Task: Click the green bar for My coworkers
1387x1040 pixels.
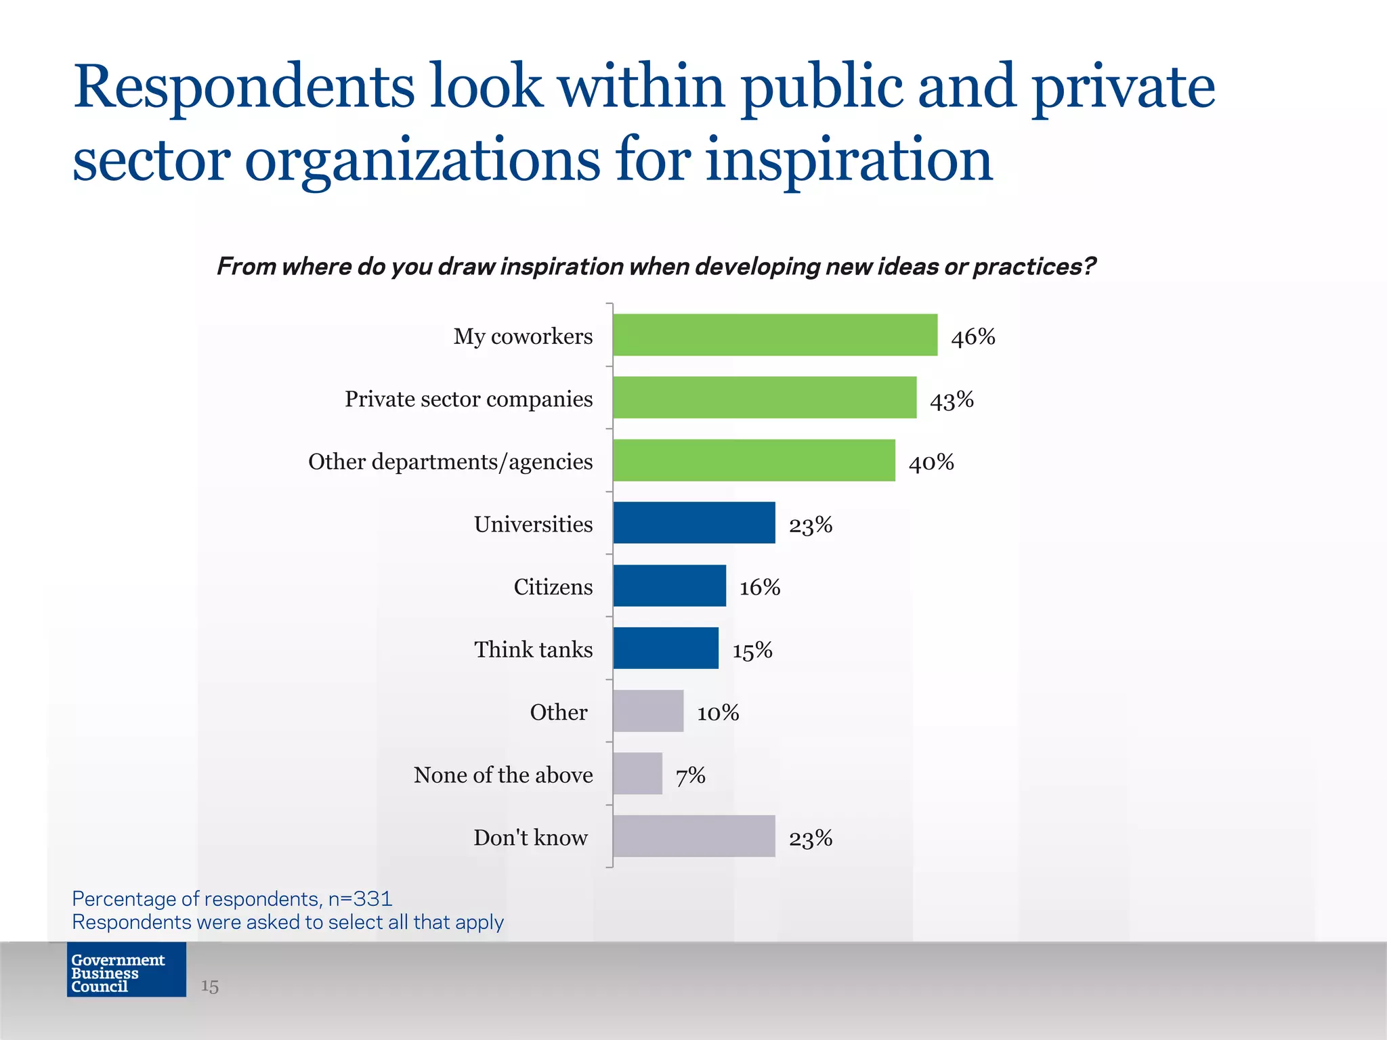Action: tap(775, 335)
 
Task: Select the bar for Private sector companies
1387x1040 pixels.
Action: tap(765, 397)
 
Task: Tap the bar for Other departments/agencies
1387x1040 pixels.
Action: tap(754, 460)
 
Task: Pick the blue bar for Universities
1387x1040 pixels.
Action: tap(694, 523)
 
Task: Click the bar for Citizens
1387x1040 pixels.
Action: tap(669, 586)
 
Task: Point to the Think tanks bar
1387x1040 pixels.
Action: tap(666, 648)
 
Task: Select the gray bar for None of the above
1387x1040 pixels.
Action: tap(637, 773)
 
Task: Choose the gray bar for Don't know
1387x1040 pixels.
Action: tap(694, 836)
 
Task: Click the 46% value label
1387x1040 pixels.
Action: tap(973, 337)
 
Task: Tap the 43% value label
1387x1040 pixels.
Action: tap(952, 399)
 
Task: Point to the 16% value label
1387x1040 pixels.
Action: tap(760, 587)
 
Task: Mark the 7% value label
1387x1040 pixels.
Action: tap(691, 775)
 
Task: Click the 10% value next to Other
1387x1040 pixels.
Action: tap(718, 712)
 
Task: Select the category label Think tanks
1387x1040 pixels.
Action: tap(533, 649)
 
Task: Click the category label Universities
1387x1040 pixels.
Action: tap(533, 524)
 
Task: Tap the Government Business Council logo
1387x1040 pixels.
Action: tap(126, 970)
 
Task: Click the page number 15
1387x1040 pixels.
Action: tap(210, 986)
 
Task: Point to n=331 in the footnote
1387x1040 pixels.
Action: tap(360, 898)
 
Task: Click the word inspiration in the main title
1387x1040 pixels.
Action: tap(849, 160)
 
